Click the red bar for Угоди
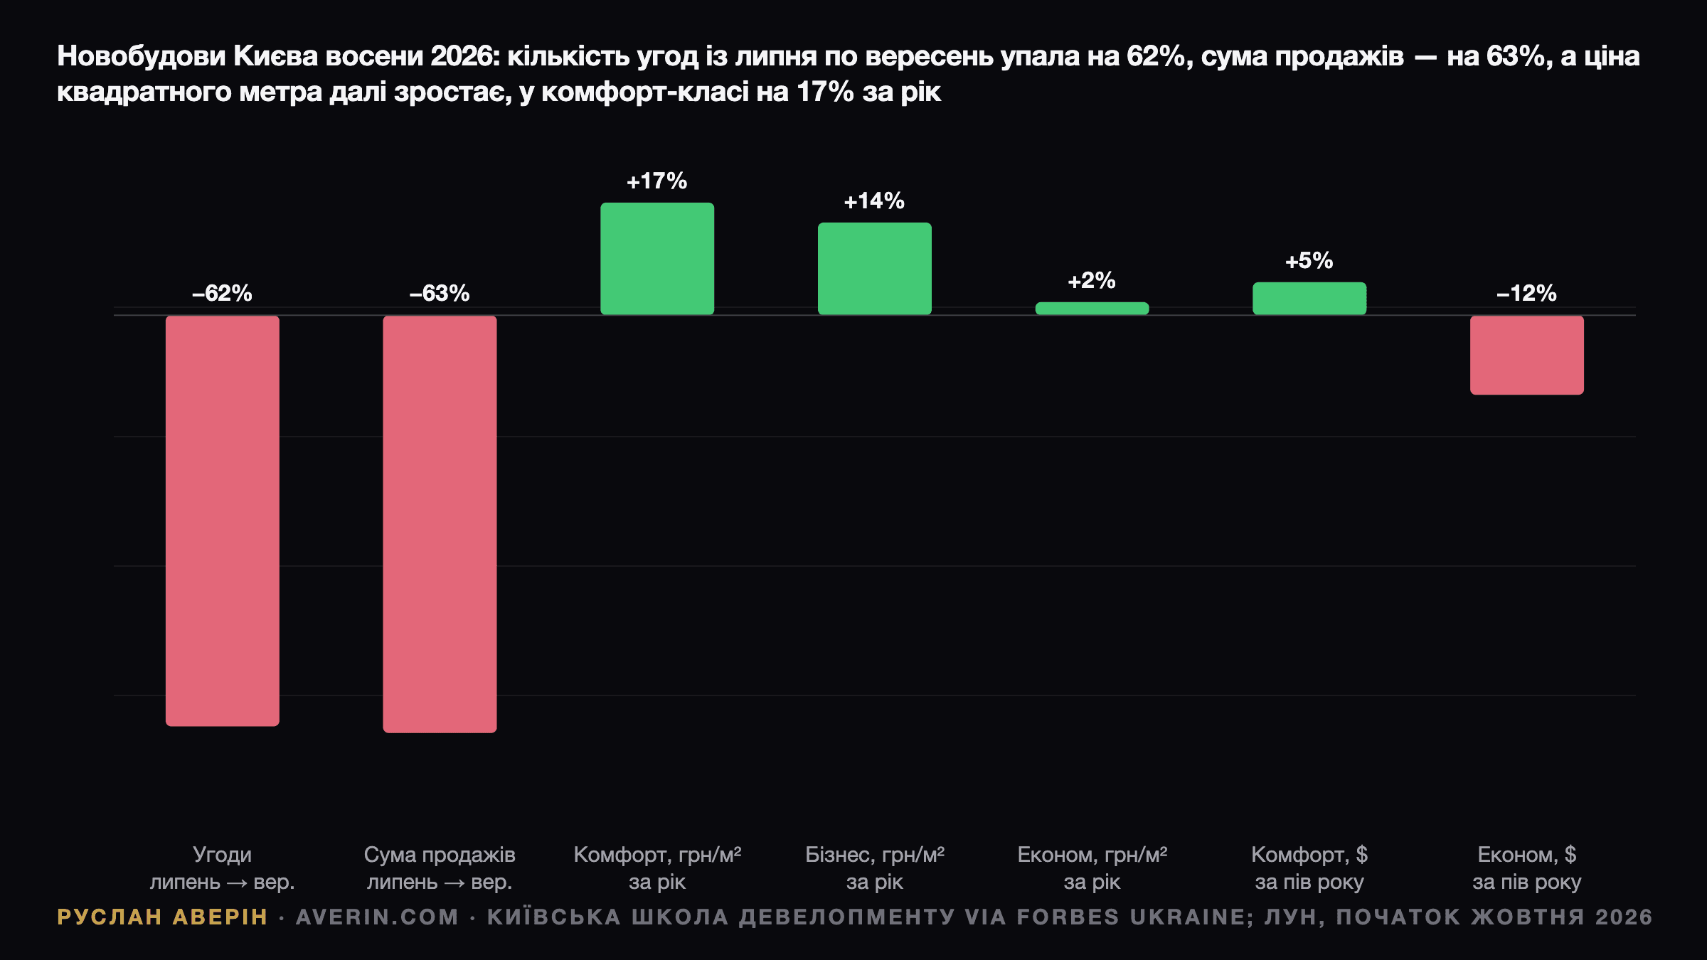pos(223,521)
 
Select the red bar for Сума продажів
pos(440,524)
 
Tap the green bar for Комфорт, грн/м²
pos(657,259)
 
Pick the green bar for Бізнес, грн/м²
pos(875,269)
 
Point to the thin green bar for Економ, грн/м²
pos(1092,309)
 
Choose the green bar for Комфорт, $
pos(1309,299)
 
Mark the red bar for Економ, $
pos(1527,355)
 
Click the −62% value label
pos(222,293)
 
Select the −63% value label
pos(440,293)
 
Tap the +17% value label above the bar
pos(657,181)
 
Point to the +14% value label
pos(874,201)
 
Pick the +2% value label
pos(1092,281)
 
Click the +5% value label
pos(1309,261)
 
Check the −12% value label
pos(1527,293)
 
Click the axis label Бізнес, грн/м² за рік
pos(875,868)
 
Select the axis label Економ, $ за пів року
pos(1527,868)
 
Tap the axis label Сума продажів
pos(440,855)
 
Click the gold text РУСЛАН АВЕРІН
pos(162,917)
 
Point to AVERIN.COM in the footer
pos(378,917)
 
